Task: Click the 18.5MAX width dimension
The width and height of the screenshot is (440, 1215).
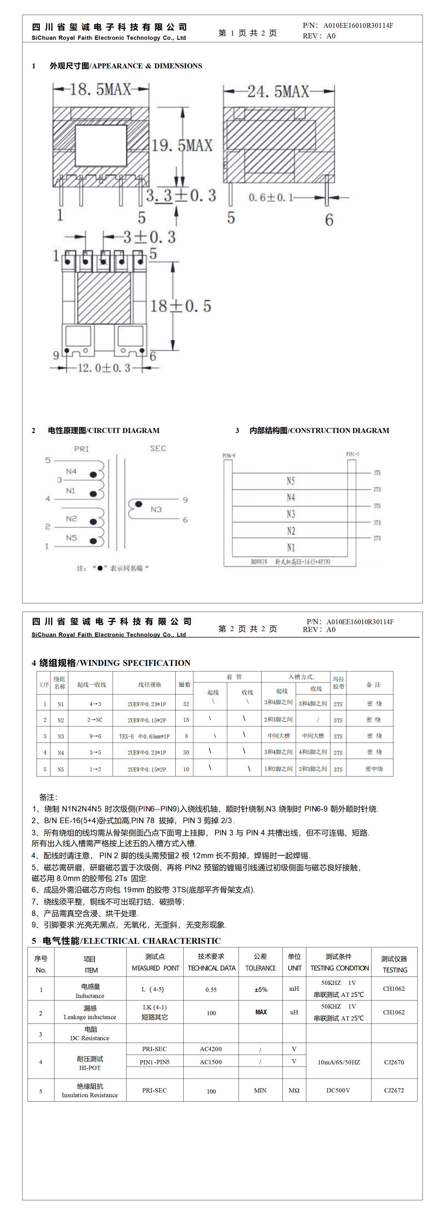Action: (x=100, y=89)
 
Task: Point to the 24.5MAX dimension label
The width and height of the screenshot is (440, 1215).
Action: (x=278, y=91)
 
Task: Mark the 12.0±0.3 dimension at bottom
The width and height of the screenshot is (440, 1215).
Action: (x=104, y=368)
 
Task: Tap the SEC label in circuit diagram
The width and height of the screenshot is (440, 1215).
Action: (x=158, y=448)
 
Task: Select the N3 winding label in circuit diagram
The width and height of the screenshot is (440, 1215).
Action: (x=156, y=509)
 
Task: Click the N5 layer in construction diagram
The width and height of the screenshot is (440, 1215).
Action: (x=291, y=480)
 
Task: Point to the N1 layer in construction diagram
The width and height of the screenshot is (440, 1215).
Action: (x=291, y=547)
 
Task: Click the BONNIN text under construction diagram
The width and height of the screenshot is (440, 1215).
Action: (x=259, y=562)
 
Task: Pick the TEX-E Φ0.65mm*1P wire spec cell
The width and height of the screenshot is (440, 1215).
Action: (x=144, y=736)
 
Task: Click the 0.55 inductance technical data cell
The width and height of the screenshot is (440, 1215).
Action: (x=211, y=990)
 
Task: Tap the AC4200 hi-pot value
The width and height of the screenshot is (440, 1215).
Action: (x=211, y=1049)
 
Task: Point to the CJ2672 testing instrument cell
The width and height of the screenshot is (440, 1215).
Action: (x=394, y=1090)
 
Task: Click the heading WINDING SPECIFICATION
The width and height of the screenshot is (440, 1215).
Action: (x=135, y=663)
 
